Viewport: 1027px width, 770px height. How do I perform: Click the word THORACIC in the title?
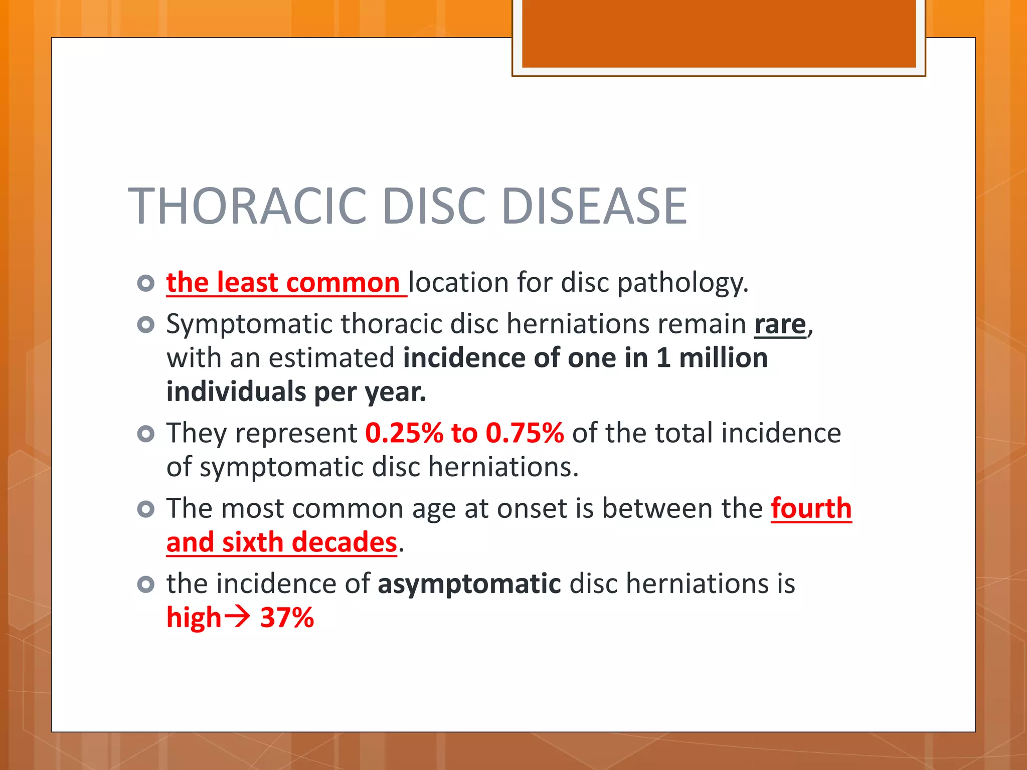coord(248,206)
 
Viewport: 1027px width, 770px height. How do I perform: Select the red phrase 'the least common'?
coord(283,282)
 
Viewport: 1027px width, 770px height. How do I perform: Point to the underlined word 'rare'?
coord(780,324)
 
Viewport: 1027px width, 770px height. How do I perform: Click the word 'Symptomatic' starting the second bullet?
coord(249,324)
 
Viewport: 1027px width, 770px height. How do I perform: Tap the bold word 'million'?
coord(723,358)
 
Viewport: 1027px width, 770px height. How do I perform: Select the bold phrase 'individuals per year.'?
coord(296,392)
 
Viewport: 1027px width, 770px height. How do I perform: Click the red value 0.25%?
coord(404,433)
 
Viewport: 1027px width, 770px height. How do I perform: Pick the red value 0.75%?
coord(525,433)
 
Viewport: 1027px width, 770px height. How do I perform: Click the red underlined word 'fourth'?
coord(811,508)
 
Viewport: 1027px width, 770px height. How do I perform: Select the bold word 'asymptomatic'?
coord(469,584)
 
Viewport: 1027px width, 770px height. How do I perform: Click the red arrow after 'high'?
coord(237,617)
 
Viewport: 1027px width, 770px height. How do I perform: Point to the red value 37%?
coord(287,618)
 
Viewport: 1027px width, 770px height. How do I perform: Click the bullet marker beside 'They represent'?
coord(145,434)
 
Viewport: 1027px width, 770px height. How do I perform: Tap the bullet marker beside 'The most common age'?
coord(145,509)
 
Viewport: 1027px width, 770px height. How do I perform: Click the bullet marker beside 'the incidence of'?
coord(145,585)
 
